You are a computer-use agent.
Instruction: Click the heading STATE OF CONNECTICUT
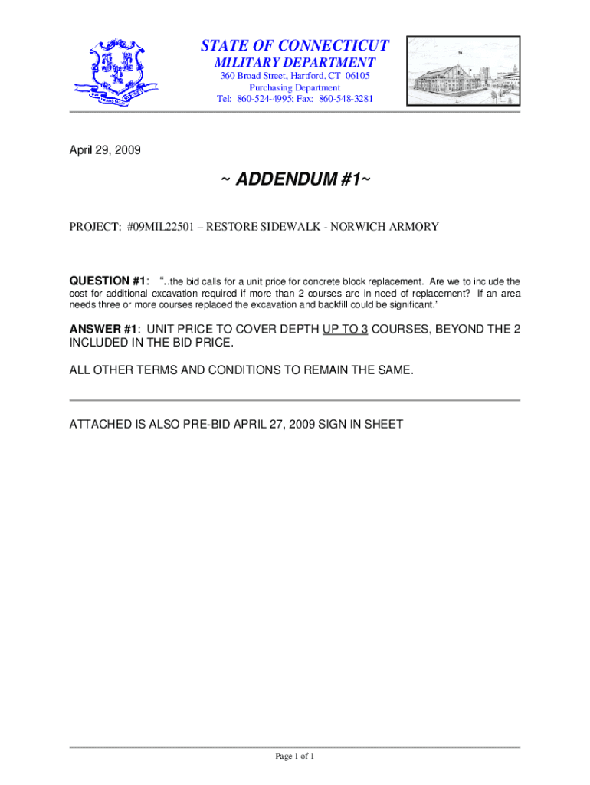tap(295, 45)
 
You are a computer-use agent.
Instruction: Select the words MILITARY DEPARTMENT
tap(295, 63)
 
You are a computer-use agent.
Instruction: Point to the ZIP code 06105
tap(357, 77)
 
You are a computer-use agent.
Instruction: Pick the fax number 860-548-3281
tap(346, 100)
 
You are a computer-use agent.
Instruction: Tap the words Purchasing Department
tap(295, 88)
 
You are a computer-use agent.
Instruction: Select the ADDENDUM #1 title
tap(295, 181)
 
